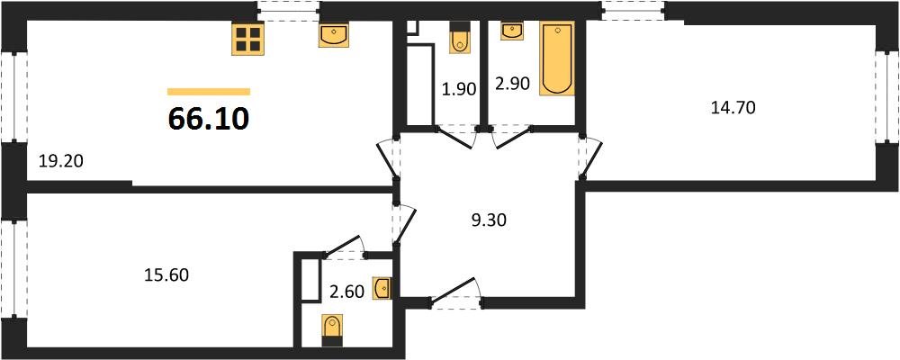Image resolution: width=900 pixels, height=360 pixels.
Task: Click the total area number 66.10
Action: [208, 117]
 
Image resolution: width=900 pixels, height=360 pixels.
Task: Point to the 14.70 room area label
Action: [732, 109]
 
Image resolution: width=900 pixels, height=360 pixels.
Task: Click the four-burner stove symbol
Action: [247, 39]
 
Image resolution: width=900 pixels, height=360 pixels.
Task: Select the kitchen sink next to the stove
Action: [333, 35]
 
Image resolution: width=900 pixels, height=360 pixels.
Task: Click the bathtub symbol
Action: [556, 58]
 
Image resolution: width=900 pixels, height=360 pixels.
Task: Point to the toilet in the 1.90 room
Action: [459, 38]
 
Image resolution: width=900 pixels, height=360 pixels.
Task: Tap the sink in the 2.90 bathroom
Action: [511, 32]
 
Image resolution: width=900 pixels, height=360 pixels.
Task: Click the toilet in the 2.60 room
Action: [332, 328]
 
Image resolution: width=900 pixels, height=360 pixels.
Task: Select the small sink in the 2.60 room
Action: [382, 288]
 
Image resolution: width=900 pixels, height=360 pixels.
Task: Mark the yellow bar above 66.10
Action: [208, 91]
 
